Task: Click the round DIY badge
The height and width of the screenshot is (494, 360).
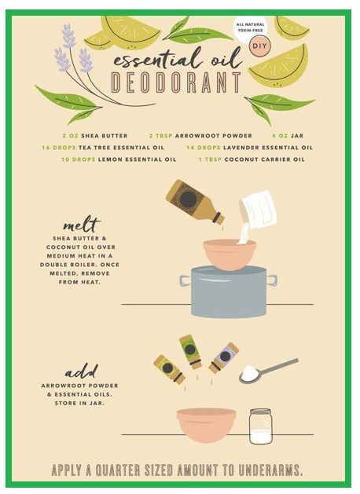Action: pos(259,46)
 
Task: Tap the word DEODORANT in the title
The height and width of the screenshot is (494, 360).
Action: pos(177,82)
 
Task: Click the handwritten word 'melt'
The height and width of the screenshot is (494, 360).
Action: pos(81,224)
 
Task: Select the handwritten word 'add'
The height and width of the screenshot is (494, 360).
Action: pos(81,371)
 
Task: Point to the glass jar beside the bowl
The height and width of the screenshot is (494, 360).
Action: pos(260,426)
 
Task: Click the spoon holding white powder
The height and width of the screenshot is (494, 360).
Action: pos(268,371)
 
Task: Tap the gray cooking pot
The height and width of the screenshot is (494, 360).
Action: pos(229,291)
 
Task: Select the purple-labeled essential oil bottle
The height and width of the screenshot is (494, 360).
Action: pos(223,358)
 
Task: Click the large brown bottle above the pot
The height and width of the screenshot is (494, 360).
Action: pos(195,202)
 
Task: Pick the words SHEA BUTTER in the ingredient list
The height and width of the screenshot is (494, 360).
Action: pos(105,136)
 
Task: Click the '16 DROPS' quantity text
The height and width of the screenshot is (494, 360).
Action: pos(59,148)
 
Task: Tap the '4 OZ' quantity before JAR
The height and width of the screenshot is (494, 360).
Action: pos(280,136)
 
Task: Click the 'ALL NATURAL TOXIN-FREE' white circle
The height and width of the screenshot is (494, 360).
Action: pos(250,27)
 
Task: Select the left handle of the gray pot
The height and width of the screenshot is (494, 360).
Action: pos(186,280)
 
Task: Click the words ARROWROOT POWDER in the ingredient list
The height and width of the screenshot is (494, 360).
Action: pos(214,136)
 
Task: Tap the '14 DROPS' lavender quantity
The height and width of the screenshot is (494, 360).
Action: pos(204,148)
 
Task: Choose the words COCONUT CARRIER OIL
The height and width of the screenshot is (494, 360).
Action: pos(265,159)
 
